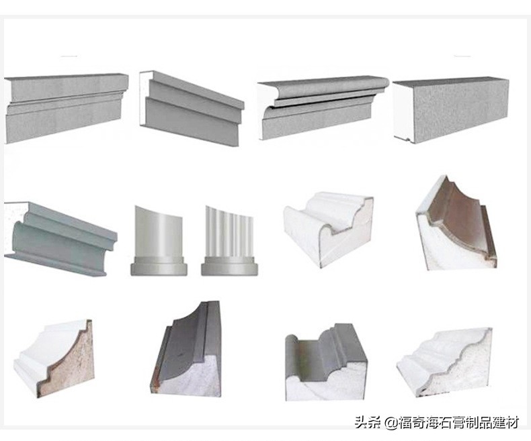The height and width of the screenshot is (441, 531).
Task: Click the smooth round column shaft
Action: click(x=157, y=232)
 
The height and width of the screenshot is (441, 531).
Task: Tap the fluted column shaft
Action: click(x=229, y=232)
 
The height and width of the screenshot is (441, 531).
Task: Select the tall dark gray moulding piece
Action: click(x=188, y=352)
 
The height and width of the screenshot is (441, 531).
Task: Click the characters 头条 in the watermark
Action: click(x=367, y=422)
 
